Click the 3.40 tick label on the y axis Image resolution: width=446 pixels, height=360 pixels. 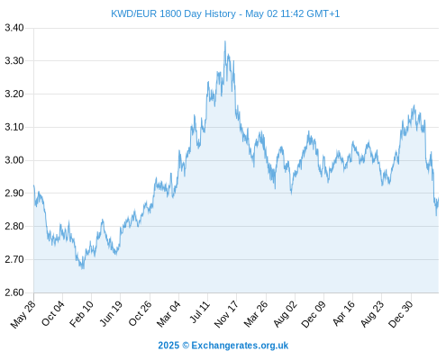[x=14, y=28]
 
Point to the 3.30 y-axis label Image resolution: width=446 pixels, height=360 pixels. [x=14, y=61]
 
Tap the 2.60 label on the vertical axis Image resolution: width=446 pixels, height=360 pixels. [x=14, y=292]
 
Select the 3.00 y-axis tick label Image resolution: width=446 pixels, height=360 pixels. [x=14, y=160]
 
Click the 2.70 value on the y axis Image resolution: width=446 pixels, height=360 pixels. [x=14, y=259]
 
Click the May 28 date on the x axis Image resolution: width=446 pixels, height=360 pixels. [x=23, y=314]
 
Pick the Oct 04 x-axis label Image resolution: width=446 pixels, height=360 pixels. [x=52, y=313]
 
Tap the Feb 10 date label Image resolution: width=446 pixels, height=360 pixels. [x=81, y=314]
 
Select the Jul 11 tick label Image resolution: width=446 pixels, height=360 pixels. [x=199, y=312]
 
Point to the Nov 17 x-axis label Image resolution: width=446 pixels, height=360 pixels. [x=226, y=314]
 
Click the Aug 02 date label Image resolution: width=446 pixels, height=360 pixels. [x=285, y=314]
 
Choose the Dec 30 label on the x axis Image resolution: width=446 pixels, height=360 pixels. [x=400, y=314]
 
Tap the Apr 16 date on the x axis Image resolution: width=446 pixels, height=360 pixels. [x=343, y=313]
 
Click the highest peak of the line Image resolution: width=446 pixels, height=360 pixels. [x=225, y=41]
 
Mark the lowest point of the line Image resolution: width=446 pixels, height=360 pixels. [x=83, y=268]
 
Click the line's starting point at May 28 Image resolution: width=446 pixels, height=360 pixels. [x=34, y=185]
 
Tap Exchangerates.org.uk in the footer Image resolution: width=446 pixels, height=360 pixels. [x=240, y=346]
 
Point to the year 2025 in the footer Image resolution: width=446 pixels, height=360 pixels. [x=168, y=346]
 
